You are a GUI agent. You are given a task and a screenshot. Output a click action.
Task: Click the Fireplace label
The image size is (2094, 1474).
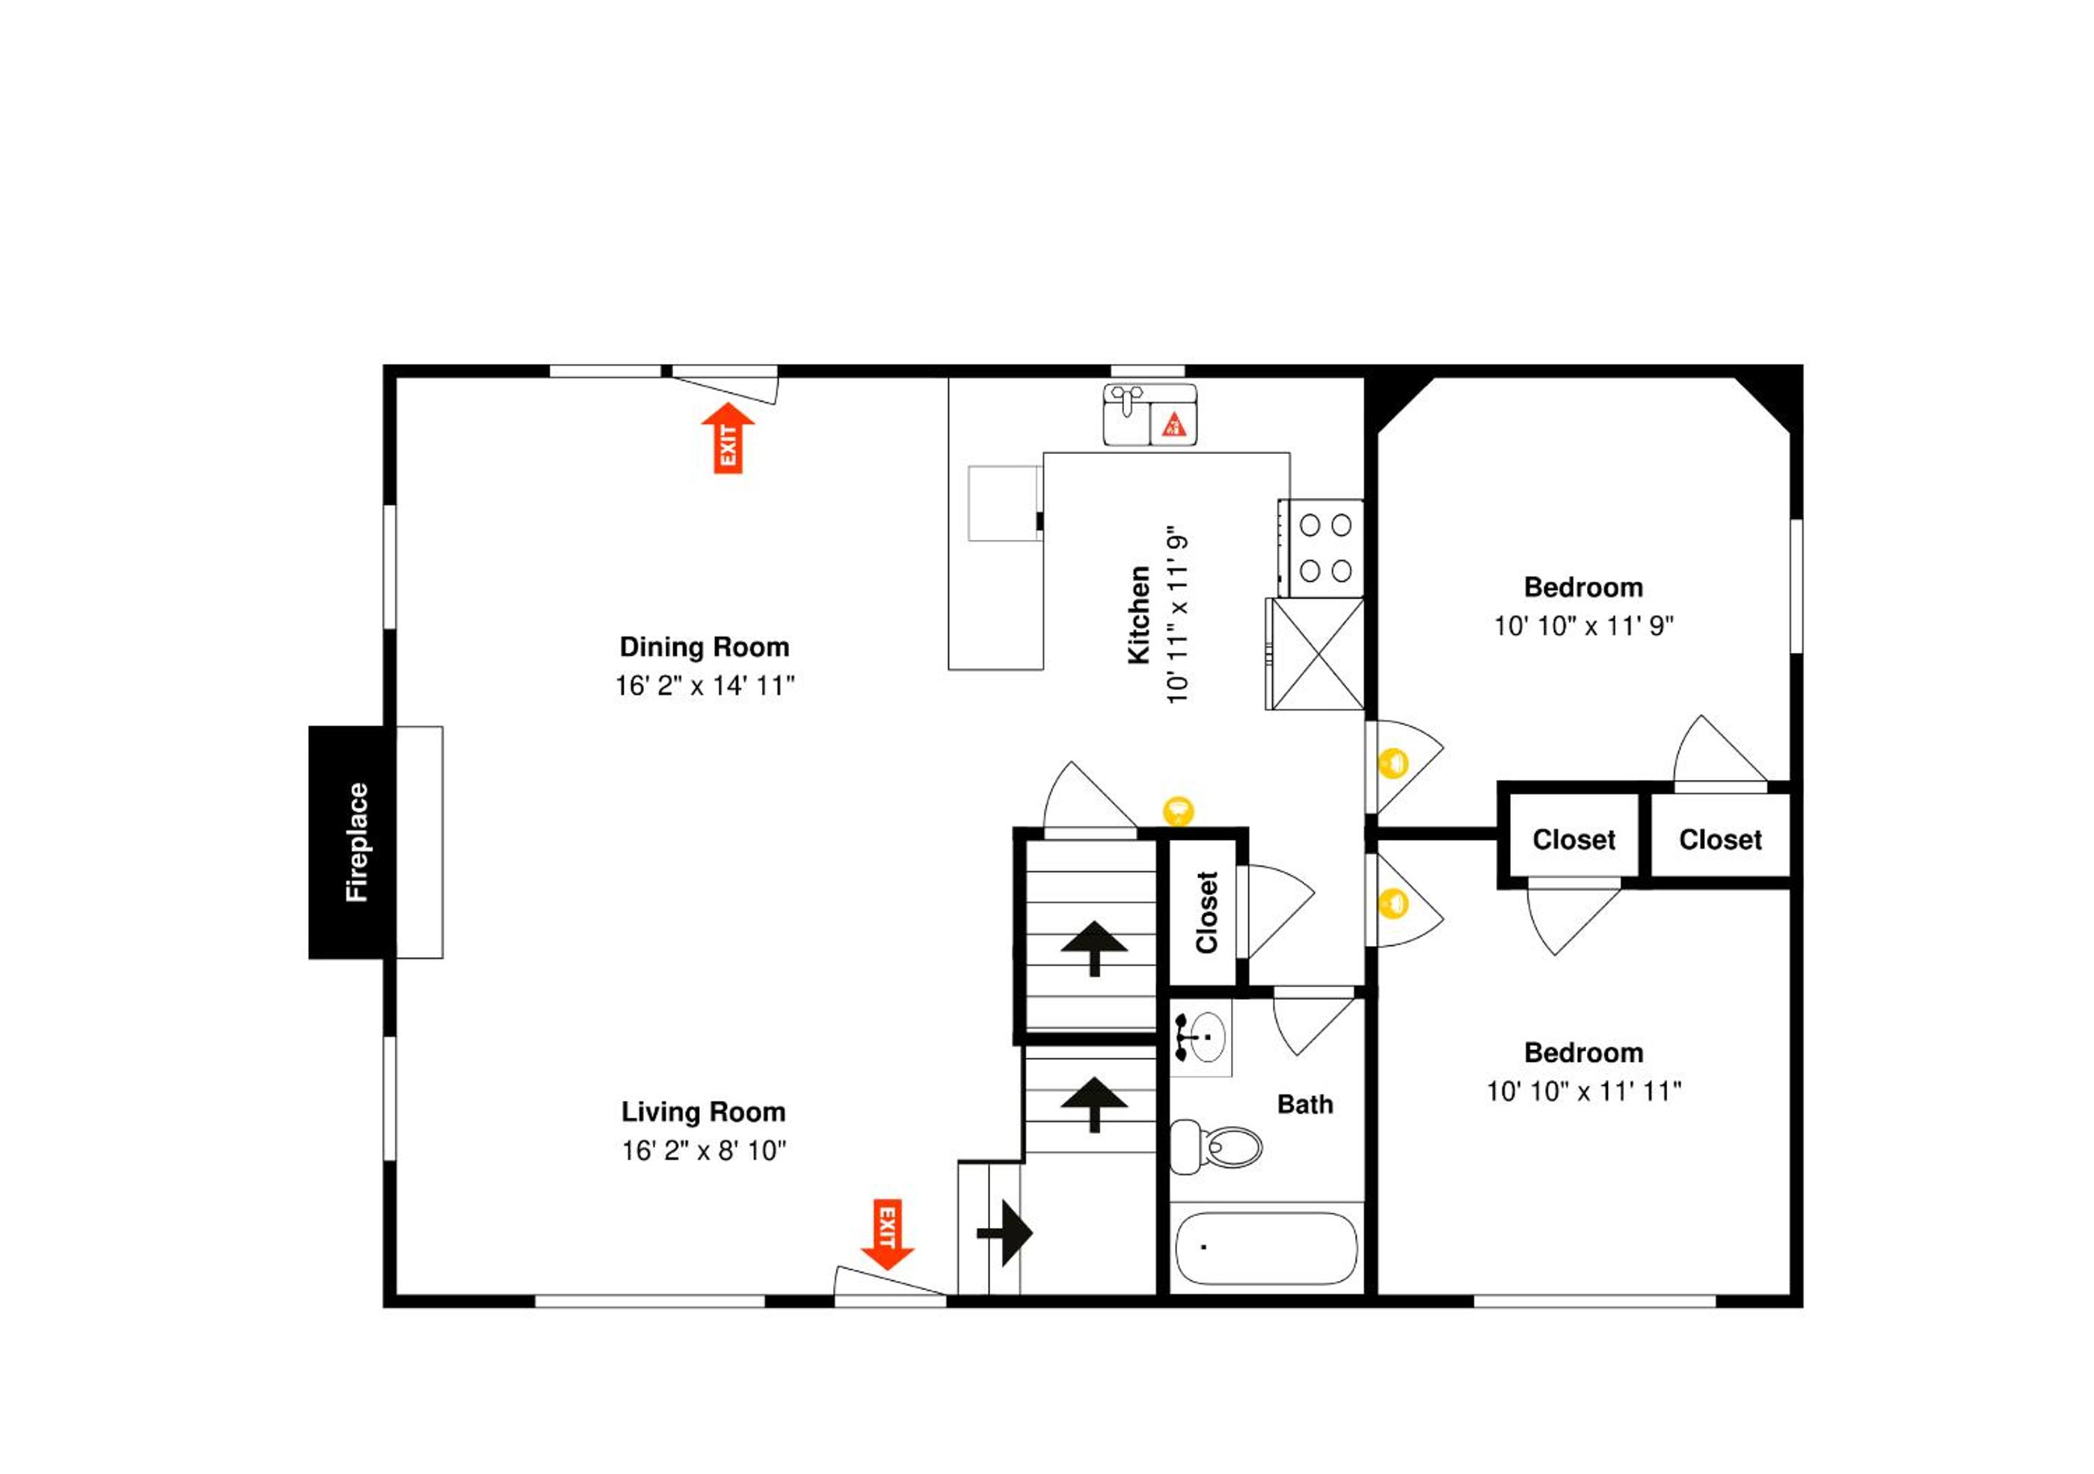357,842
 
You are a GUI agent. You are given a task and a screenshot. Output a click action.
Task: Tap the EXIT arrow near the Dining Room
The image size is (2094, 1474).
728,437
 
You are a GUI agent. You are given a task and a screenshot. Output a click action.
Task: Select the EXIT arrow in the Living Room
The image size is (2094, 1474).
888,1234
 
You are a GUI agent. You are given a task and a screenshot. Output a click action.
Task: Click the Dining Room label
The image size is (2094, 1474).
704,647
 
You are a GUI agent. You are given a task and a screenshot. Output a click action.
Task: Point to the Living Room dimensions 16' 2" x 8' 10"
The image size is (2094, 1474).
704,1150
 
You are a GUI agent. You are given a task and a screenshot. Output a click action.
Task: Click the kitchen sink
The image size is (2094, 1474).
1150,415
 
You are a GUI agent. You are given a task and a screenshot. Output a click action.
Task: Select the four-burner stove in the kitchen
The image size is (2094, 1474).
1321,548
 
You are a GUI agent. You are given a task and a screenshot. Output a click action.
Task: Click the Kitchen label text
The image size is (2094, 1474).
1139,615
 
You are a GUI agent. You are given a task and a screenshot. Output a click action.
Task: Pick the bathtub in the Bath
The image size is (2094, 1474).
1267,1248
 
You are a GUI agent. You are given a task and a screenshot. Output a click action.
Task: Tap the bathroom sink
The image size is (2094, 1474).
1201,1037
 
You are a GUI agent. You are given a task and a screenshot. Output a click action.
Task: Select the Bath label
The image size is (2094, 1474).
1305,1105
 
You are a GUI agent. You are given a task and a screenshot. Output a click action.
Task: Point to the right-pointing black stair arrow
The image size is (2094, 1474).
1004,1233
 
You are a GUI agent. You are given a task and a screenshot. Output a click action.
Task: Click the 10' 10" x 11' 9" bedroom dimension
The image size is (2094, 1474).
1583,626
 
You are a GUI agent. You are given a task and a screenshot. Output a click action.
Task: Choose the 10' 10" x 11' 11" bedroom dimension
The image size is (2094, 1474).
1583,1091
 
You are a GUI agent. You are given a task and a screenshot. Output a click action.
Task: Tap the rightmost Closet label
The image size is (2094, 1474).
1720,839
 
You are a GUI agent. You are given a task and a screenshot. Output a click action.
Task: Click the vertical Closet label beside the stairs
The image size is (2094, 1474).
1206,912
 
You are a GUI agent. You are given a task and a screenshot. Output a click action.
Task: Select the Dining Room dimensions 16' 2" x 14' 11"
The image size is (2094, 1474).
704,685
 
